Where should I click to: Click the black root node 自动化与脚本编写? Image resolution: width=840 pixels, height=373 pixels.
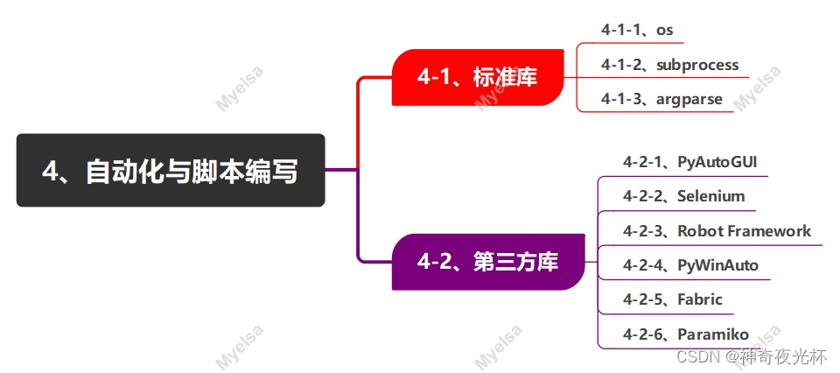[x=171, y=170]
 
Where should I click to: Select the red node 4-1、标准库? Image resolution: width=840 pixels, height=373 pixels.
[x=477, y=77]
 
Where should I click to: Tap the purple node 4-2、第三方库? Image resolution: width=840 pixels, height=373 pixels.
[x=488, y=261]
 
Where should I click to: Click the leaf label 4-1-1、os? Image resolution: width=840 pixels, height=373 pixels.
[x=636, y=30]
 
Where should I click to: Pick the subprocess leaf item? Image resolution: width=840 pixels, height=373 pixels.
[x=669, y=65]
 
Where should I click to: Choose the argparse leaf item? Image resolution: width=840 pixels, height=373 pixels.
[x=661, y=99]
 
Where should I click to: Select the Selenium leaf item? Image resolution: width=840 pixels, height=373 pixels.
[x=683, y=196]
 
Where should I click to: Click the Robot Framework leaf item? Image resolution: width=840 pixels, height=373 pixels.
[x=717, y=231]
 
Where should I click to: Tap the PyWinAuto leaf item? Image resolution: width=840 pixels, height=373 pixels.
[x=690, y=265]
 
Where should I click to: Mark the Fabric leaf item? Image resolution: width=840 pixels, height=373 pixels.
[x=672, y=299]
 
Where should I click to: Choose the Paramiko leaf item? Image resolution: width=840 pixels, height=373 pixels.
[x=685, y=334]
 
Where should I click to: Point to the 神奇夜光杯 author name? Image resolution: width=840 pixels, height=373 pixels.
[x=784, y=357]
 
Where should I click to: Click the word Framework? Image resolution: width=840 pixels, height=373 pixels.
[x=773, y=231]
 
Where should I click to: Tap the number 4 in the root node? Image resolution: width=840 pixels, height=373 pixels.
[x=51, y=171]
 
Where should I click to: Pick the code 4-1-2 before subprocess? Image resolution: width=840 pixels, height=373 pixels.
[x=621, y=65]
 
